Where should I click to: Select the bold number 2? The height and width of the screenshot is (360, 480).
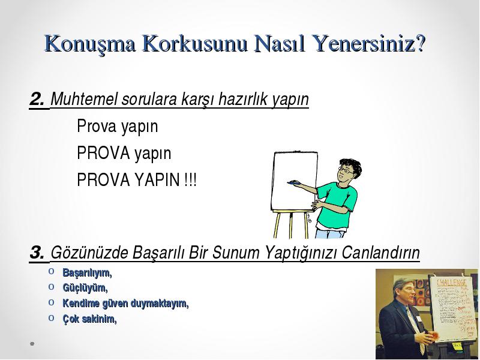click(37, 99)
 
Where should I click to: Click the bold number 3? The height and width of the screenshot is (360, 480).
click(37, 253)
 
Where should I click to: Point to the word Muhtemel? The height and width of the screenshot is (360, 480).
click(84, 99)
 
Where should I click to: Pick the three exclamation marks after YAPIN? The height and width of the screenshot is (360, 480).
click(190, 179)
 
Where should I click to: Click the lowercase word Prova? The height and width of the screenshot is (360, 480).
click(97, 126)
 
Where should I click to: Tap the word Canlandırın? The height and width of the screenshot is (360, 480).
click(380, 253)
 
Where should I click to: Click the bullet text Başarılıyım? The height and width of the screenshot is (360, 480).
click(87, 273)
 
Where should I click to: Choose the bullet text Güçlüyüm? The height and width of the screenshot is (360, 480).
click(85, 288)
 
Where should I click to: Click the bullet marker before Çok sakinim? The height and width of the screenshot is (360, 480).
click(51, 318)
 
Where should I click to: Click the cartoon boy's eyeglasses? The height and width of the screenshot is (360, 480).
click(346, 170)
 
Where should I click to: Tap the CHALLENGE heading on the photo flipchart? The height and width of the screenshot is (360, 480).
click(452, 282)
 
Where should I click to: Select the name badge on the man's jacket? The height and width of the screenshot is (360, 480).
click(419, 319)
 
